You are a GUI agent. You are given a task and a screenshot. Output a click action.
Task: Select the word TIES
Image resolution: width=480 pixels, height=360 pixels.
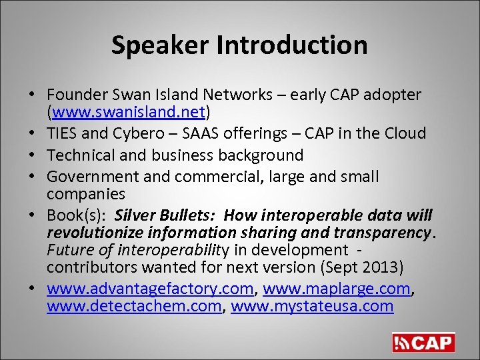63,133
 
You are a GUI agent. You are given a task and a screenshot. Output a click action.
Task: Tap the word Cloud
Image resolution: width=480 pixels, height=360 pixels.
403,133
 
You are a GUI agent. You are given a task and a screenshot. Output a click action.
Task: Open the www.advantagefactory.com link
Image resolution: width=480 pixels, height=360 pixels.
150,290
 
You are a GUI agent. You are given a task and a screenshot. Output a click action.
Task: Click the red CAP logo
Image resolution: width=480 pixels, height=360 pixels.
423,343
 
